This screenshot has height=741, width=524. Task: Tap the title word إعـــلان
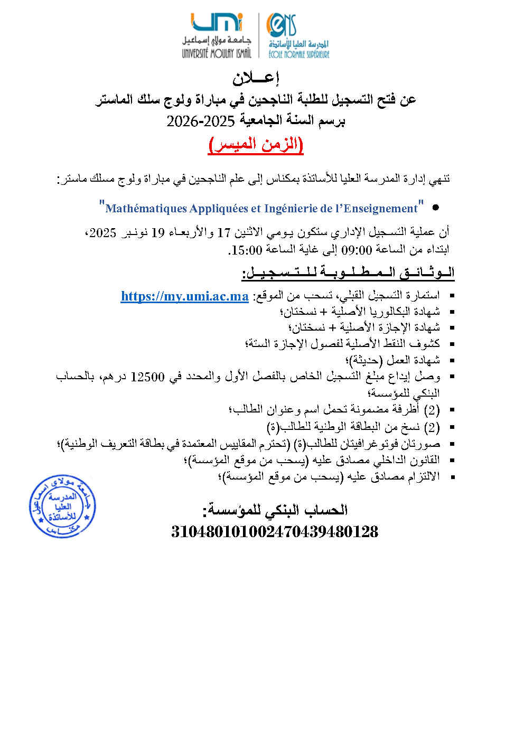(256, 78)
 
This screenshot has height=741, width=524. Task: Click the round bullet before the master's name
(435, 208)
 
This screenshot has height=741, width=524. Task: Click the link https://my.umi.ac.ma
(184, 296)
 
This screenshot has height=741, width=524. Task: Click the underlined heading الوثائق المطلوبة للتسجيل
(348, 273)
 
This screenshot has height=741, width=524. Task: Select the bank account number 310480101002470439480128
(275, 531)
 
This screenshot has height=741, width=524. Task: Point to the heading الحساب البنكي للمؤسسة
(275, 510)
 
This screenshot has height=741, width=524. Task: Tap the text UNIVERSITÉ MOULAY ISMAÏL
(217, 53)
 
